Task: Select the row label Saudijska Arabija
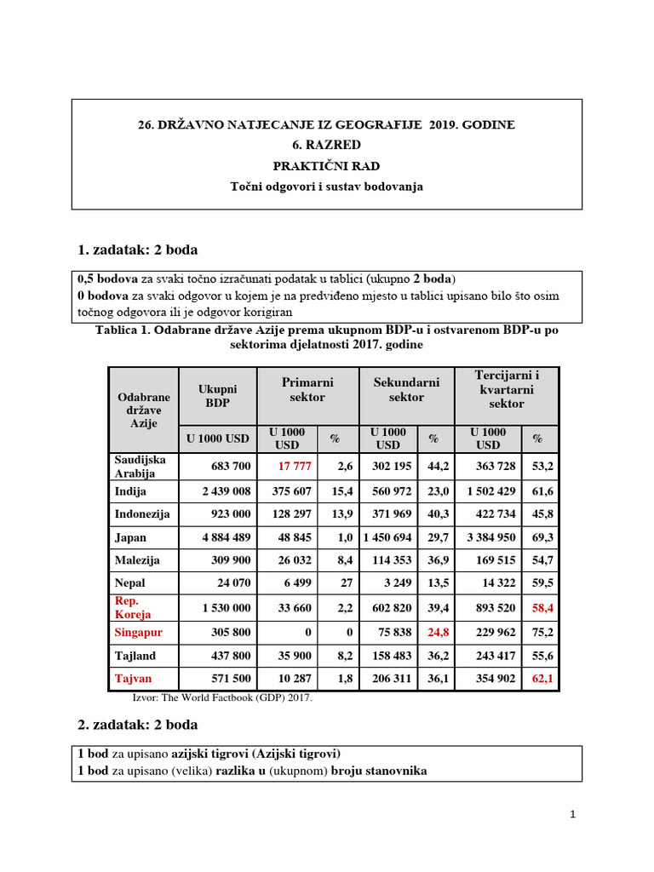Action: click(135, 466)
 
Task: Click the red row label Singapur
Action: click(138, 633)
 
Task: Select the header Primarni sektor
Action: click(307, 390)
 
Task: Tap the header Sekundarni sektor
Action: click(406, 390)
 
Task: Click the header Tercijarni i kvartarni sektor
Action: click(507, 389)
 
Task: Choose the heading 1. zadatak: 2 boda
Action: click(137, 250)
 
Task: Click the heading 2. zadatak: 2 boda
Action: click(137, 725)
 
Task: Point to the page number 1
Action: click(573, 814)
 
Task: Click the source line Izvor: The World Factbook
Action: click(222, 697)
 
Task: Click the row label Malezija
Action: click(136, 560)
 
